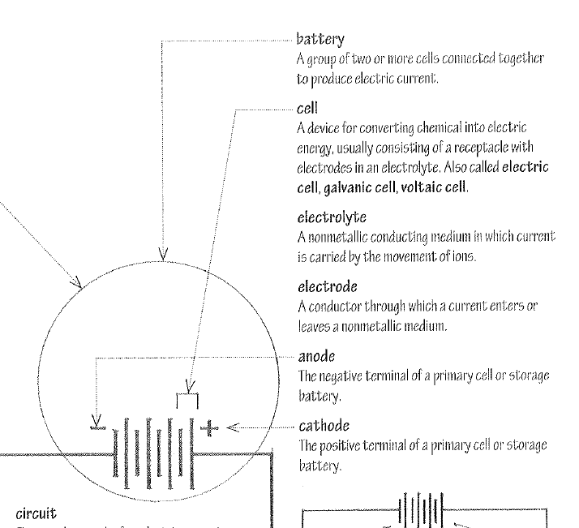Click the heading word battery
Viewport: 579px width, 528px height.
point(322,39)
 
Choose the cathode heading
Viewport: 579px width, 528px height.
point(323,424)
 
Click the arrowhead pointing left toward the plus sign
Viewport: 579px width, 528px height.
point(233,426)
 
